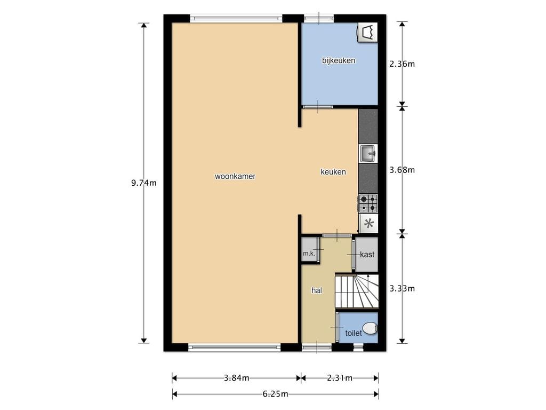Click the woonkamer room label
pos(235,176)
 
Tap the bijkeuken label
pos(339,61)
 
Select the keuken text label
pos(333,172)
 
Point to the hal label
pos(317,290)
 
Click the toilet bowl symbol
pos(370,328)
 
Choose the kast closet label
pos(367,255)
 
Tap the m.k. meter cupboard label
pos(309,254)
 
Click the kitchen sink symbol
pos(368,154)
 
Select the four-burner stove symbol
pos(368,203)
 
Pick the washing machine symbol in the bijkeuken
pos(367,33)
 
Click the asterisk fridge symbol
pos(368,224)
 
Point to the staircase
pos(357,291)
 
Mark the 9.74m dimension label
pos(144,183)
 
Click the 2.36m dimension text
pos(402,64)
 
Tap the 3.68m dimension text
pos(402,170)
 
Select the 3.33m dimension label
pos(402,289)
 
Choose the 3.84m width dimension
pos(236,378)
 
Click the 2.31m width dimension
pos(340,378)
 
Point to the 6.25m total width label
pos(276,395)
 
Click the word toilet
pos(354,333)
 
